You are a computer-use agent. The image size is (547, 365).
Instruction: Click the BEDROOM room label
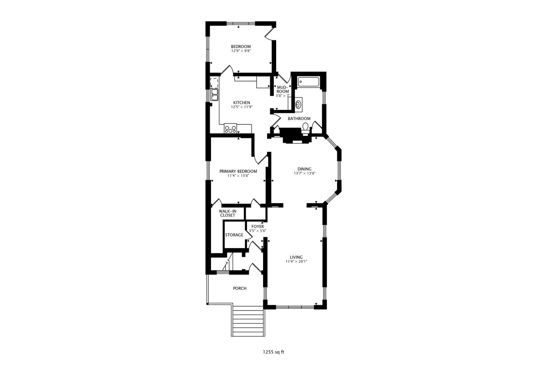click(x=241, y=47)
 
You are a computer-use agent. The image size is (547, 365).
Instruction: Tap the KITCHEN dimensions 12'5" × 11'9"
click(x=242, y=107)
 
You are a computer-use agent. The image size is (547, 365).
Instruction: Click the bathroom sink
click(x=298, y=104)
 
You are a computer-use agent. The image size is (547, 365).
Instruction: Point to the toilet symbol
click(x=305, y=128)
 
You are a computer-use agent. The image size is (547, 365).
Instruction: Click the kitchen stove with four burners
click(x=230, y=129)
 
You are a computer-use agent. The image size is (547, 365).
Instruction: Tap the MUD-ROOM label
click(x=283, y=89)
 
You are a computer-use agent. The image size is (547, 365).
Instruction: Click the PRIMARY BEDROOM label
click(x=238, y=171)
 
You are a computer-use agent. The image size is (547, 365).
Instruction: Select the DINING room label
click(x=304, y=169)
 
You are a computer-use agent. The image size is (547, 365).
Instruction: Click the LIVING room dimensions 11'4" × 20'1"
click(x=296, y=261)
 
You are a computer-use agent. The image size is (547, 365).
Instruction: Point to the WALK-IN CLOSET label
click(x=227, y=213)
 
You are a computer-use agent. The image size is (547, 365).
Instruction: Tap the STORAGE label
click(x=234, y=235)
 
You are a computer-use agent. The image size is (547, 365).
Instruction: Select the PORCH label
click(x=240, y=288)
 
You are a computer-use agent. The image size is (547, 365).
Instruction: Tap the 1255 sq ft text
click(x=273, y=352)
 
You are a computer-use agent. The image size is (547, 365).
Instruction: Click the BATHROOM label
click(x=299, y=119)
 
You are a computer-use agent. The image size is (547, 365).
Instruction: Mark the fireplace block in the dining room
click(x=293, y=136)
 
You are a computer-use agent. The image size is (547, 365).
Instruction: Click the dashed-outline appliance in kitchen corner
click(x=214, y=82)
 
